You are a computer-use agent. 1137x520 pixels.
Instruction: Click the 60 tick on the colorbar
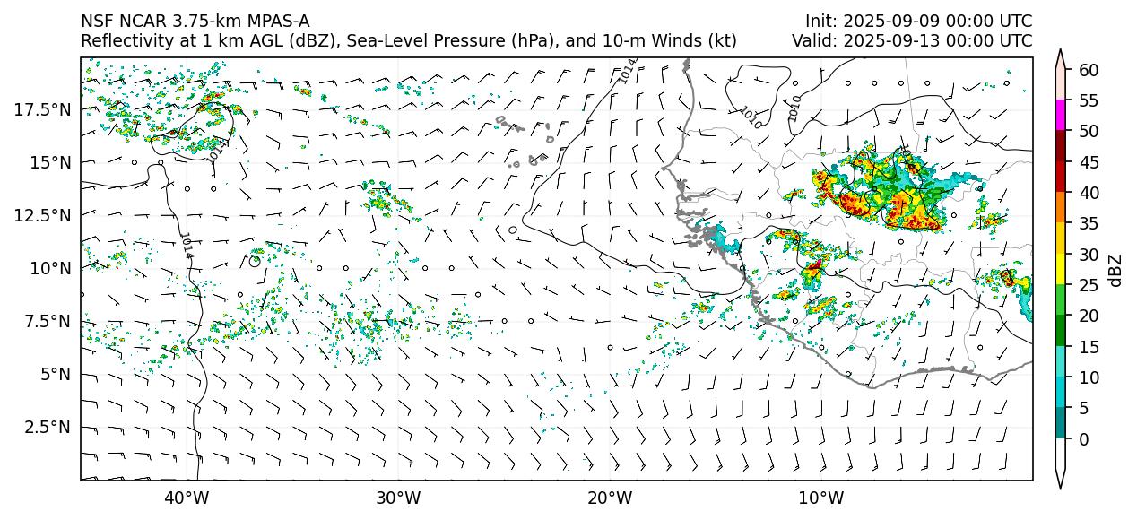(1089, 70)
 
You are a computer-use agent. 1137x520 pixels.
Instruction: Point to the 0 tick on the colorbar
(1084, 439)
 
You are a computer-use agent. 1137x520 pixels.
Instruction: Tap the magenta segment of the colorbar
(1060, 116)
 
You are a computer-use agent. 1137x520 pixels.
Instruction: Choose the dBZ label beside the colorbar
(1115, 270)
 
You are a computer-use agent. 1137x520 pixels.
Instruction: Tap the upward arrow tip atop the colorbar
(1060, 54)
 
